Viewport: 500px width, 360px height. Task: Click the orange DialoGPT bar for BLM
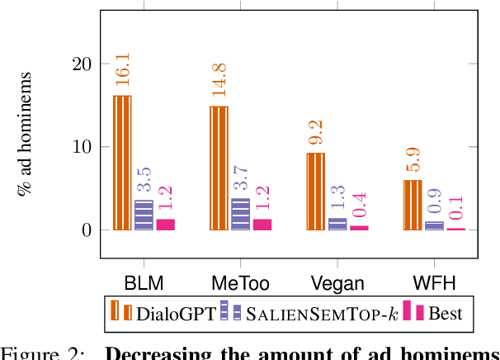pos(122,163)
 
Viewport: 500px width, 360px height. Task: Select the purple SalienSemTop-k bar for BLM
pos(144,216)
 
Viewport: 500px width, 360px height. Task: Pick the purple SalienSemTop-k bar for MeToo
pos(240,215)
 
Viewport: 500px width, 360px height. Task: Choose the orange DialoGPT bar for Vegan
pos(315,192)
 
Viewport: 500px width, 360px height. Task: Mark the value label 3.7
pos(240,178)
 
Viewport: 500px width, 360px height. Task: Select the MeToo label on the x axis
pos(240,282)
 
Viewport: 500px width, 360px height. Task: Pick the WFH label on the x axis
pos(432,282)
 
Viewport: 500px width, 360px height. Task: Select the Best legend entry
pos(437,313)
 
